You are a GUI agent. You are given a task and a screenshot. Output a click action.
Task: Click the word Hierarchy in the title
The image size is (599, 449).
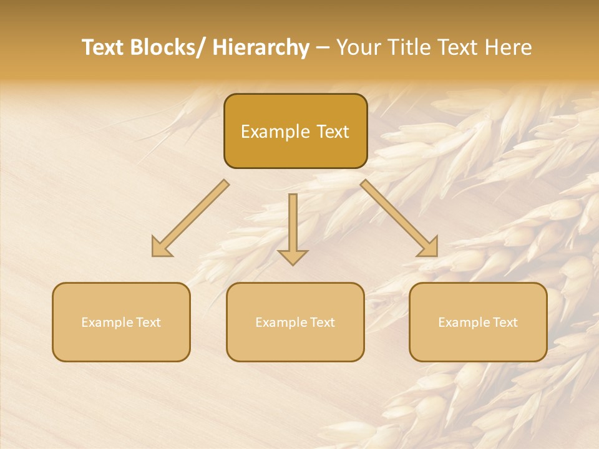pos(261,47)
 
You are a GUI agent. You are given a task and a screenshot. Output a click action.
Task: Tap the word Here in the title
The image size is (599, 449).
pos(509,47)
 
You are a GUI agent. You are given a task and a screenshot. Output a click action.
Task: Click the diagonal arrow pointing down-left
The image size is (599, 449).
pos(190,218)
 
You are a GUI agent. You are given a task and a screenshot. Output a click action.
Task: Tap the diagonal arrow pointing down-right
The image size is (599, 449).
pos(399,218)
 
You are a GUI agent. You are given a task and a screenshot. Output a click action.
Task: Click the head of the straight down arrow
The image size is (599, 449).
pos(293,256)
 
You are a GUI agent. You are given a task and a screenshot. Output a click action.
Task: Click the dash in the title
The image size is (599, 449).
pos(323,48)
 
